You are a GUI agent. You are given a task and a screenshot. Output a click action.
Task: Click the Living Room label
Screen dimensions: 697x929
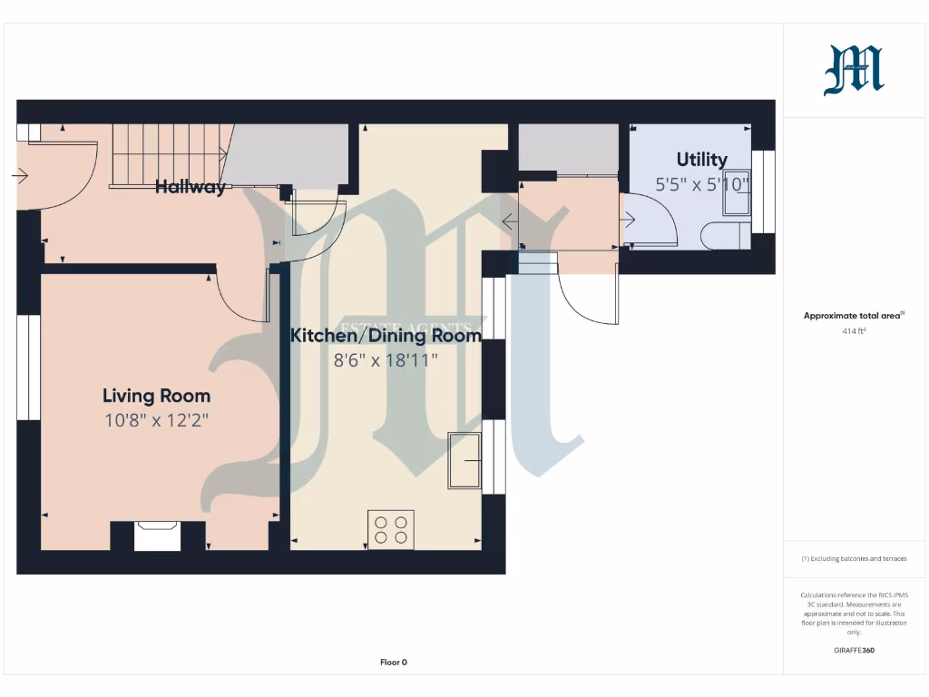[x=156, y=396]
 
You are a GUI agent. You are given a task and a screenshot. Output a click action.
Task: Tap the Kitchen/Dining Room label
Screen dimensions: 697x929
[x=386, y=336]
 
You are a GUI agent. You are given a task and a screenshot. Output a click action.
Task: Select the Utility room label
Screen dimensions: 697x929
[x=701, y=160]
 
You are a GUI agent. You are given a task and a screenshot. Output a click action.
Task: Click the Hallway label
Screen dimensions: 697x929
[x=190, y=188]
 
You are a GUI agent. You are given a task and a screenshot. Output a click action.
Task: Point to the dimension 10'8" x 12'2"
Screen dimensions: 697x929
[x=156, y=420]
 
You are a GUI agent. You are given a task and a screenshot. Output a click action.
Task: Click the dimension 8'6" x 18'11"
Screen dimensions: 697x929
[x=386, y=360]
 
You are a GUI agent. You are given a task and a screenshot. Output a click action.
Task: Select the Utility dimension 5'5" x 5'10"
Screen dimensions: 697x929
[x=703, y=184]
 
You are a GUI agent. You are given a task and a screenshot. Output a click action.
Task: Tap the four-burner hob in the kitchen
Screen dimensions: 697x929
[x=391, y=529]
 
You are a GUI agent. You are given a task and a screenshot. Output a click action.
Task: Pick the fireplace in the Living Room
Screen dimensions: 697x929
[x=157, y=535]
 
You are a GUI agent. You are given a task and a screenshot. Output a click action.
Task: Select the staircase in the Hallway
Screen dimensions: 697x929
[x=167, y=154]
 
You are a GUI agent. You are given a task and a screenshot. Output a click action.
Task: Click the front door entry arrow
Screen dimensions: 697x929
[x=20, y=175]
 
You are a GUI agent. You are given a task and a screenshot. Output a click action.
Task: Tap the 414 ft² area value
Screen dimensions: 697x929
[x=853, y=331]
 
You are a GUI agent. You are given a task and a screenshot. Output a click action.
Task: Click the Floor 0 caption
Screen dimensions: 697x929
[x=393, y=663]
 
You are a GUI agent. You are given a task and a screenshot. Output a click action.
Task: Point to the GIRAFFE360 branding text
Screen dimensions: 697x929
[x=853, y=650]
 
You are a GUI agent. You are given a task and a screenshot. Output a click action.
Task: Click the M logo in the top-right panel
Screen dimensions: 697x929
[x=853, y=71]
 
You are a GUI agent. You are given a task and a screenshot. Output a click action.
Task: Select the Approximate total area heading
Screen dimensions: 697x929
[x=853, y=316]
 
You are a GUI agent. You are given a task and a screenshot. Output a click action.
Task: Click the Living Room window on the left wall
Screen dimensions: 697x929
[x=29, y=368]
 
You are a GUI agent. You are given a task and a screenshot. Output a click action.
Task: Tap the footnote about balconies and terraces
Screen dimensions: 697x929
[x=853, y=559]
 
